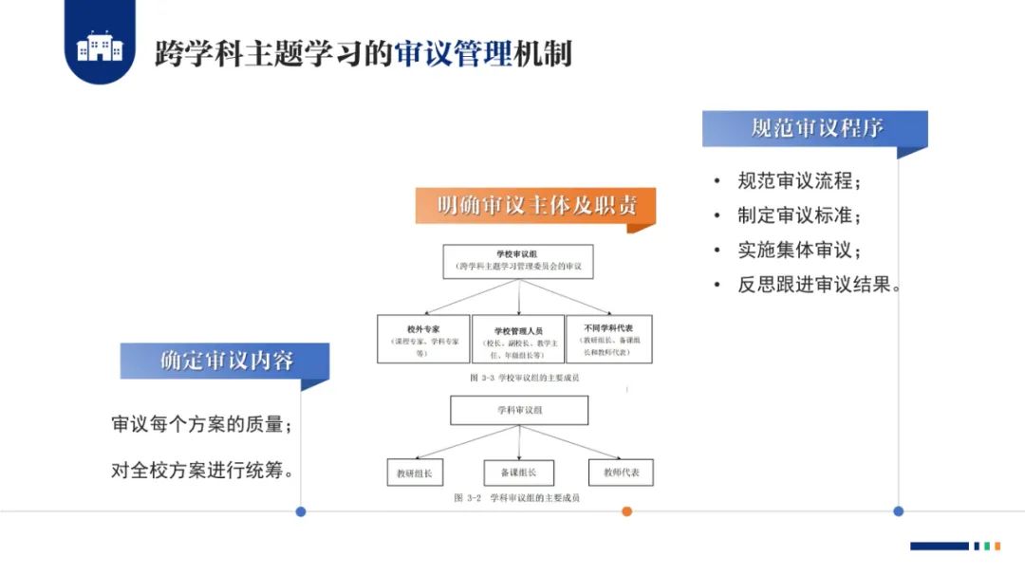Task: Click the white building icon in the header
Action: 100,46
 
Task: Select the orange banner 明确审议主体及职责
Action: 536,206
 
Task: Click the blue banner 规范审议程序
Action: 815,128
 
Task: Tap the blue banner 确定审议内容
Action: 225,361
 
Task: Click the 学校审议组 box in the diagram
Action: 518,261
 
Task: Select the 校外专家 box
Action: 423,339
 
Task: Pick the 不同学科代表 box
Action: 608,339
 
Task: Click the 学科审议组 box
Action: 519,410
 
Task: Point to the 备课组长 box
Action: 518,473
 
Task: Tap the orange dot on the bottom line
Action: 626,511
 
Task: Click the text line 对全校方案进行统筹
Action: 201,470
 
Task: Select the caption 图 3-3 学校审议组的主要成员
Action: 524,377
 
